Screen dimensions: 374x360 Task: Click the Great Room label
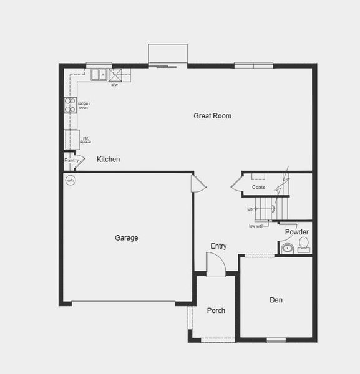coord(212,116)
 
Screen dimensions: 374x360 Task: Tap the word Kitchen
coord(108,160)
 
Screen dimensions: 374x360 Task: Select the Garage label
coord(127,237)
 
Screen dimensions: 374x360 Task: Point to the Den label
coord(276,300)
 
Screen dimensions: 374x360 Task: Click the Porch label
coord(216,310)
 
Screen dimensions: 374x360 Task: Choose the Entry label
coord(218,246)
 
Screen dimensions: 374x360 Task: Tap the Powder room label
coord(297,233)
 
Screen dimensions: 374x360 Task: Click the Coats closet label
coord(258,187)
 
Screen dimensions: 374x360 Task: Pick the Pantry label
coord(71,160)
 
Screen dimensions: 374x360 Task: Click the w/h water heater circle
coord(71,181)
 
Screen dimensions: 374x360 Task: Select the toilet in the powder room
coord(303,244)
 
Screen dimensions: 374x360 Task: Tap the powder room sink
coord(288,249)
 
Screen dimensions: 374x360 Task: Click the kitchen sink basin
coord(99,75)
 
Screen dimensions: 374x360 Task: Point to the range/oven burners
coord(70,105)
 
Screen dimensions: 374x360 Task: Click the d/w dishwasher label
coord(115,85)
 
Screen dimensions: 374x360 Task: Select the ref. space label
coord(85,140)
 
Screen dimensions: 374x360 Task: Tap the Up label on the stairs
coord(250,209)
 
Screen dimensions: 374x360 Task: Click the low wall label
coord(256,226)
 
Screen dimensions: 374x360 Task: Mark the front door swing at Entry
coord(216,267)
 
